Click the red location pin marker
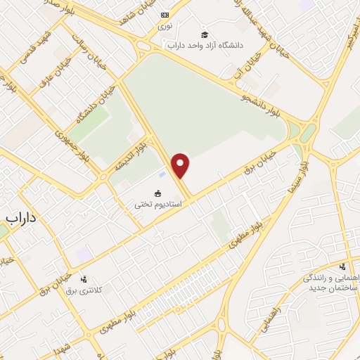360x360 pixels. [181, 165]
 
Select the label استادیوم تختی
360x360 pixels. [158, 205]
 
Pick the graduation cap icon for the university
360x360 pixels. [205, 34]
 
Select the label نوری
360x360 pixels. [165, 26]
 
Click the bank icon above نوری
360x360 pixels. [165, 15]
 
